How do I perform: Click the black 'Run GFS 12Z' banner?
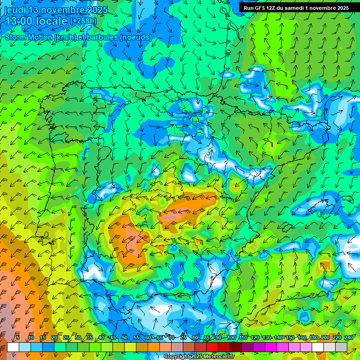pyautogui.click(x=296, y=8)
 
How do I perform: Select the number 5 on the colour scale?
pyautogui.click(x=18, y=337)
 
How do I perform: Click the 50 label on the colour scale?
pyautogui.click(x=125, y=337)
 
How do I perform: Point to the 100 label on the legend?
pyautogui.click(x=231, y=337)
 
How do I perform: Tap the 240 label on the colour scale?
pyautogui.click(x=349, y=337)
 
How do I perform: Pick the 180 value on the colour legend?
pyautogui.click(x=313, y=337)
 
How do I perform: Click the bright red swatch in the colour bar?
pyautogui.click(x=212, y=347)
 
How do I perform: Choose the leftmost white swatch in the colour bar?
pyautogui.click(x=13, y=347)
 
